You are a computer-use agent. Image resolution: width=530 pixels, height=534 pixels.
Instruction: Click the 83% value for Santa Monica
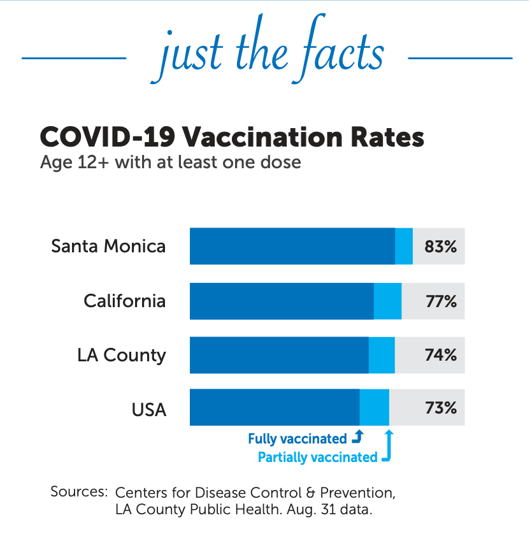[441, 246]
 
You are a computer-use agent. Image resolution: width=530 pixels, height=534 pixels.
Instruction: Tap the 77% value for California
[441, 301]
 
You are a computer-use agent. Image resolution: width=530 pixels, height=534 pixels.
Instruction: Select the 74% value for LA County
[441, 355]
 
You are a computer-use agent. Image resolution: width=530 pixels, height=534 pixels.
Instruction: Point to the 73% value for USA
[441, 407]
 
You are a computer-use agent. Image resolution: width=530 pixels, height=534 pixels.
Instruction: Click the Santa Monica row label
[108, 246]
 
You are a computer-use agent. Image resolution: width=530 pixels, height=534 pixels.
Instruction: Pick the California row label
[125, 301]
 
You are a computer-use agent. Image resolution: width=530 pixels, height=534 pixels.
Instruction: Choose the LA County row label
[122, 355]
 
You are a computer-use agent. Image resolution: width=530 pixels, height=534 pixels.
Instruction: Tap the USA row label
[149, 408]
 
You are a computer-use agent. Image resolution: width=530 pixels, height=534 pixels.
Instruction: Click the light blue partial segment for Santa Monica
[404, 246]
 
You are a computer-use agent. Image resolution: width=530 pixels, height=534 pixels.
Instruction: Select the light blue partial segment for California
[387, 301]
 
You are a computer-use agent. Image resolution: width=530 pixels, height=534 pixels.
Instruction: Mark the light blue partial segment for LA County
[382, 355]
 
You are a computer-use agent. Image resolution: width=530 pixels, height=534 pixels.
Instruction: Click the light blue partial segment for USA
[375, 407]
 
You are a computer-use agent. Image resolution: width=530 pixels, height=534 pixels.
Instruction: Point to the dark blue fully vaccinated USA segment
[275, 407]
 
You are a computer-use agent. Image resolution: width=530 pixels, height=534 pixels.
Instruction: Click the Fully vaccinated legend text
[297, 438]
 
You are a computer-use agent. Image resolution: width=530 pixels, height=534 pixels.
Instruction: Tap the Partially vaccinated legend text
[317, 457]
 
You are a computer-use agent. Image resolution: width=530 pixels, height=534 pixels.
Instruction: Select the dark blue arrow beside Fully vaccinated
[357, 437]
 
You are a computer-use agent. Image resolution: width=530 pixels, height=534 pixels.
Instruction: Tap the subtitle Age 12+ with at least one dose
[170, 162]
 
